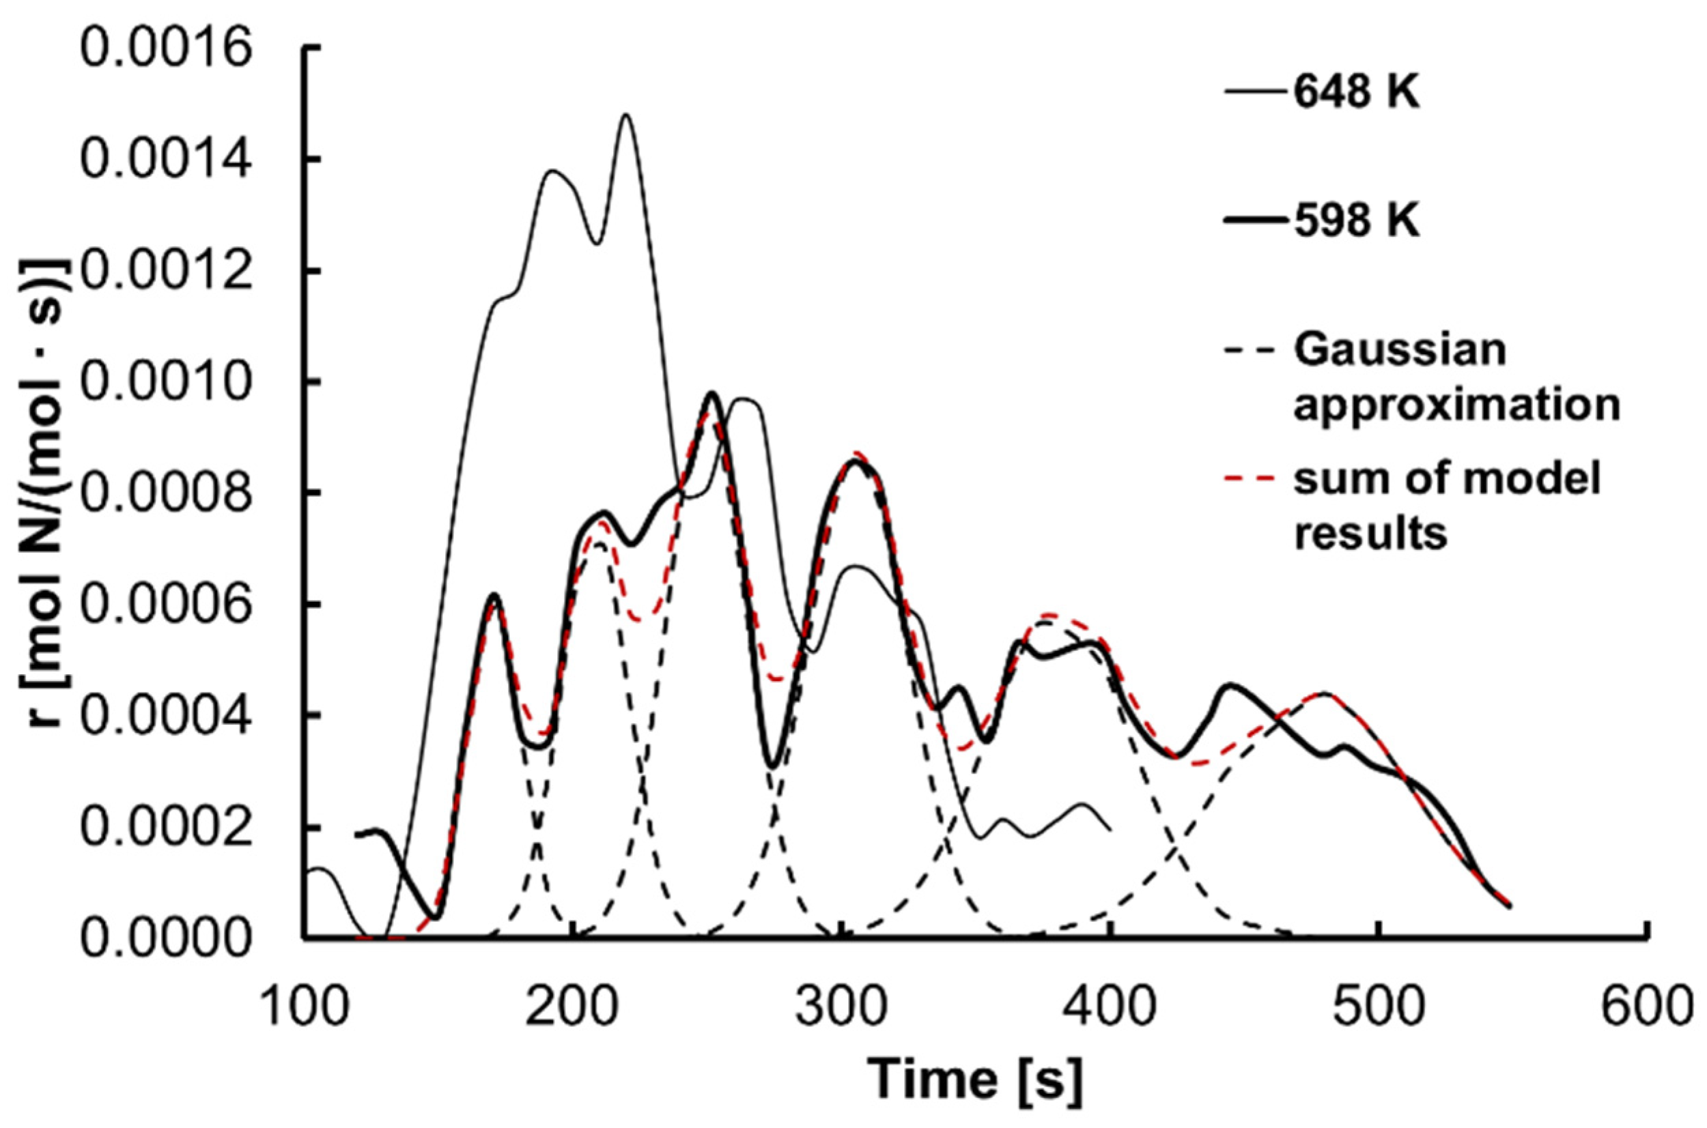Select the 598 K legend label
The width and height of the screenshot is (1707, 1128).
point(1357,221)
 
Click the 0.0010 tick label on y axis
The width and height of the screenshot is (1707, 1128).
point(166,382)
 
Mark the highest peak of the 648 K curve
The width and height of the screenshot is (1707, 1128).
point(626,115)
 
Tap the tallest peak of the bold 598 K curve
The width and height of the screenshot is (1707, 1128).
point(711,393)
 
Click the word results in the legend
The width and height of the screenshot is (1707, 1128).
point(1370,533)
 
